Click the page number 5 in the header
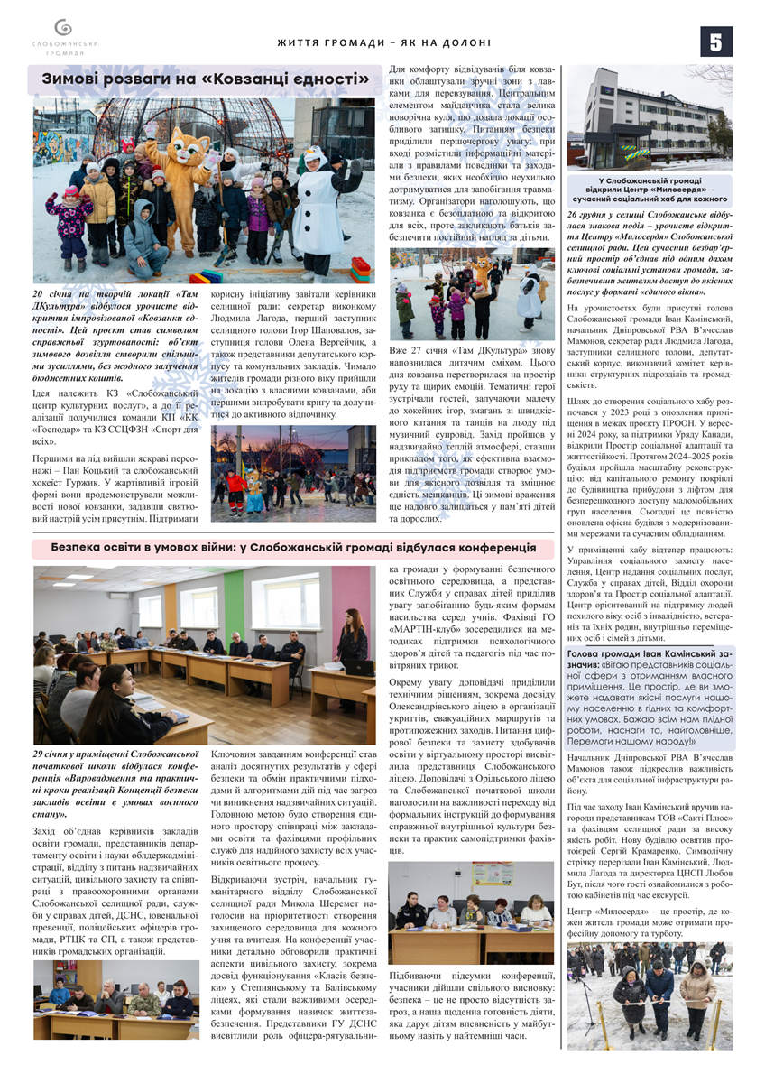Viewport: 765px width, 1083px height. (x=715, y=42)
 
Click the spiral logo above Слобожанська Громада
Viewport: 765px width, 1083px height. (x=61, y=28)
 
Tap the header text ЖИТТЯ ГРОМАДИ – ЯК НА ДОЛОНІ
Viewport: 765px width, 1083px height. (x=383, y=42)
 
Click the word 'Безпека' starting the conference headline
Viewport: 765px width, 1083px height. (x=78, y=547)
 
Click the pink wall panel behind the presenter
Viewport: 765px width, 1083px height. (x=362, y=596)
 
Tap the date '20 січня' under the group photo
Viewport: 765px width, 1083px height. (x=52, y=294)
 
